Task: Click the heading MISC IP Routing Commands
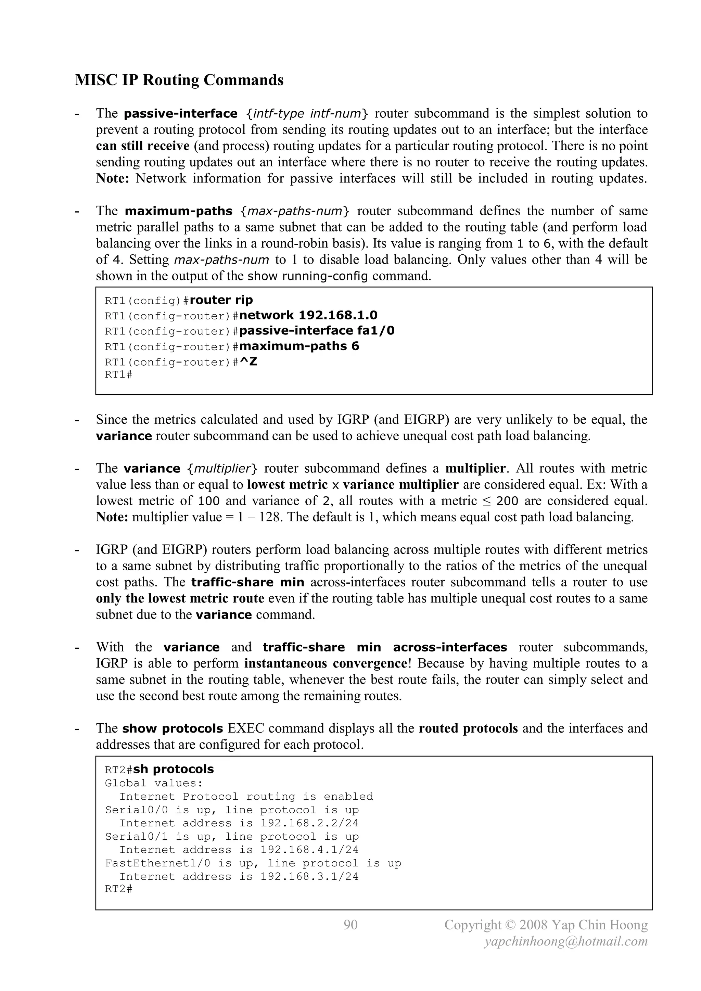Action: (179, 80)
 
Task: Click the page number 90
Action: (350, 925)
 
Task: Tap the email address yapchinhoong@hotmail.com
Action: (566, 941)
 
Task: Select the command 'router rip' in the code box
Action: (221, 300)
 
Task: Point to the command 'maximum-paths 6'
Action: (299, 346)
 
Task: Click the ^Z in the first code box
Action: (248, 362)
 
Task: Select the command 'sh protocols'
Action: (174, 769)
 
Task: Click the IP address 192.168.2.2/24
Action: (309, 823)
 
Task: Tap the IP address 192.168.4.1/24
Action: (309, 850)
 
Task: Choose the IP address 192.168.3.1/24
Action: (309, 877)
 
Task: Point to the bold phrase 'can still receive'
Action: (142, 146)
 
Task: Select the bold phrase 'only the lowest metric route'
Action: (180, 598)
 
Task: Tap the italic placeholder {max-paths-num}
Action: (295, 211)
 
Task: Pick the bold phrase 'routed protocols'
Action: (468, 728)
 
